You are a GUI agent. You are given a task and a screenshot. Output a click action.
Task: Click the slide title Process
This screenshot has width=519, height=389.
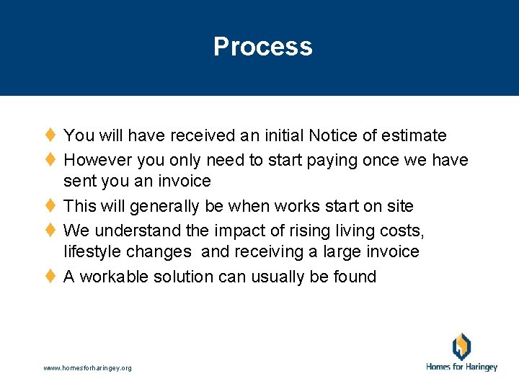(262, 47)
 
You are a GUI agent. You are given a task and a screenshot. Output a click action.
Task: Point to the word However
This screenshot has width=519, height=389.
(97, 159)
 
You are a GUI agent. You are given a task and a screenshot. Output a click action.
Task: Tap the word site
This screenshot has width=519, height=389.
(399, 206)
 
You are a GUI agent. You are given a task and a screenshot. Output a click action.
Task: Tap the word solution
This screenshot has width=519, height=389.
(198, 277)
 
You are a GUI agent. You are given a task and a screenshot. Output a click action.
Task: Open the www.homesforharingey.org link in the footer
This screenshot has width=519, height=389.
(87, 368)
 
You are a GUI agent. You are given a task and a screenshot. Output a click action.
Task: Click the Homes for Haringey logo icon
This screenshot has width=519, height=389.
(461, 346)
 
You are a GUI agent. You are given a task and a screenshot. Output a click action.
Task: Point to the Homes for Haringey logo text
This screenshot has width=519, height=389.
(461, 367)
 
